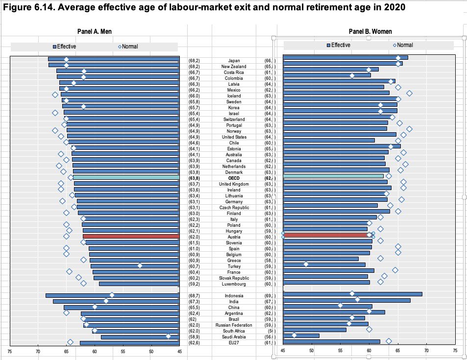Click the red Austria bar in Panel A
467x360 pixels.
(131, 237)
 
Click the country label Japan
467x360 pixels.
(234, 61)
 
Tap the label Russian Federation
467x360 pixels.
(234, 325)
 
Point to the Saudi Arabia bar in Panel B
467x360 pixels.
(301, 336)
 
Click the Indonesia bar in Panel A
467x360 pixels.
(113, 295)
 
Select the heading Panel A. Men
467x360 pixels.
(95, 32)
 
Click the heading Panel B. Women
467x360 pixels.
(370, 32)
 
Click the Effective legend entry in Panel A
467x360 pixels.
(66, 47)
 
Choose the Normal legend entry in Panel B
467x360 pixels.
(404, 45)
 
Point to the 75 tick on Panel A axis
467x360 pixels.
(9, 351)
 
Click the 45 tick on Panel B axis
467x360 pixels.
(283, 351)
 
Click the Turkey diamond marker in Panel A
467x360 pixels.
(140, 265)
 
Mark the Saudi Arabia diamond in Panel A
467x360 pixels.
(168, 336)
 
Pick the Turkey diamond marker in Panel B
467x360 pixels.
(306, 264)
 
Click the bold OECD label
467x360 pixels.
(234, 178)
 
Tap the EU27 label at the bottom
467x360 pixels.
(234, 343)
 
